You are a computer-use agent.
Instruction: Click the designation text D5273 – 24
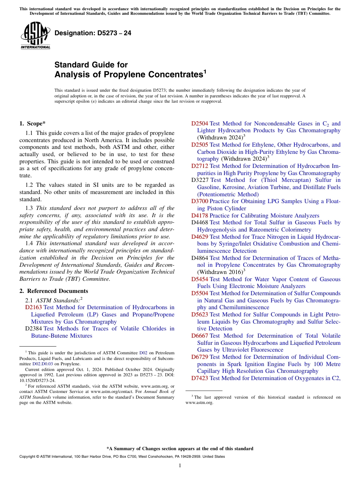[93, 33]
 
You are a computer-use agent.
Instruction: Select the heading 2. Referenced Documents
[54, 291]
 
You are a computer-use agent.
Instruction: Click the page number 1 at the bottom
[180, 466]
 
